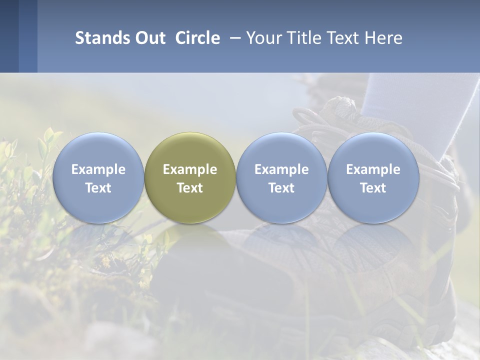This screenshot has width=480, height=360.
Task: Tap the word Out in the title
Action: (x=149, y=38)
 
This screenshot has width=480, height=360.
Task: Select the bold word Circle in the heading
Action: (x=197, y=38)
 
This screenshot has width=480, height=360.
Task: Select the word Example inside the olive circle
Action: (x=190, y=169)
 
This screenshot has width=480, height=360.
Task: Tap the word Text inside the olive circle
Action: (x=190, y=188)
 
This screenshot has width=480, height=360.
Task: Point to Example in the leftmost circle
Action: (x=98, y=169)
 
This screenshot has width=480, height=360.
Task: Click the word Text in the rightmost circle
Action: (x=373, y=188)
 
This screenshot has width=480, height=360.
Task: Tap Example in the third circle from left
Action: (x=281, y=169)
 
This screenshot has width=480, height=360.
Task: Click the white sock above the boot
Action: (x=400, y=100)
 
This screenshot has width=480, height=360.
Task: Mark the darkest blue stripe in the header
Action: (x=9, y=36)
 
